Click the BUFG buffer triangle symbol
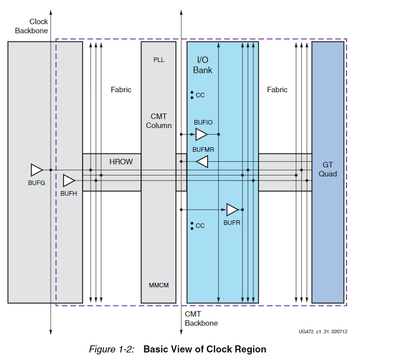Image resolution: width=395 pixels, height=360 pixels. tap(37, 170)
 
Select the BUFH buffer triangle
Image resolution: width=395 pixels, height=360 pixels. tap(69, 181)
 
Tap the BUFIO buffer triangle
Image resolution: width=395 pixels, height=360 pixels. tap(201, 134)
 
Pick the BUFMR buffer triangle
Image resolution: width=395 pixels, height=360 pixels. tap(202, 161)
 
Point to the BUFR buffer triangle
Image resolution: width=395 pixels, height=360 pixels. tap(232, 209)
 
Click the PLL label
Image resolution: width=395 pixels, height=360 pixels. tap(159, 60)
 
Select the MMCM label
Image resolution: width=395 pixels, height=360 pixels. tap(159, 285)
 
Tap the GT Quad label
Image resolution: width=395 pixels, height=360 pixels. tap(327, 169)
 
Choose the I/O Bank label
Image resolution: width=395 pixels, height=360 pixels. tap(203, 65)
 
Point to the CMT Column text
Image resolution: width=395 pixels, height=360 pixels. tap(159, 121)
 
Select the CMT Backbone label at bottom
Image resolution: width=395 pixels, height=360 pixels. tap(201, 318)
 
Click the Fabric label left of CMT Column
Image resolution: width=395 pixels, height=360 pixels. tap(121, 90)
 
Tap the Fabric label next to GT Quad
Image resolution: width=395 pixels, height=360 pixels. tap(277, 90)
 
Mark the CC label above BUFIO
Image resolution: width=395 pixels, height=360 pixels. tap(200, 95)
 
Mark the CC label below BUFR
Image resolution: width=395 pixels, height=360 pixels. tap(200, 226)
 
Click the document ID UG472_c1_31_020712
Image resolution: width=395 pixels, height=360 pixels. tap(322, 332)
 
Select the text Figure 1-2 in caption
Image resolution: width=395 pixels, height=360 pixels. tap(111, 349)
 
